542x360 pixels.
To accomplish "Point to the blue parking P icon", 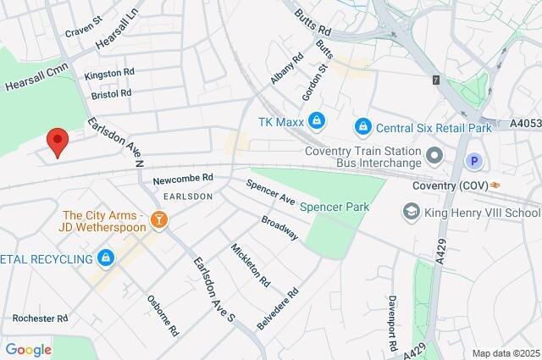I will (475, 161).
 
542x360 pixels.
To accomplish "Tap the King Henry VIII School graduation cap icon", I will (412, 210).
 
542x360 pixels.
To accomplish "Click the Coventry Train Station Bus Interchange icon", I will (435, 156).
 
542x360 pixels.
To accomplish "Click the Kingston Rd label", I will (110, 74).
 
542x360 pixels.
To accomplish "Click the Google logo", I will (28, 349).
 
